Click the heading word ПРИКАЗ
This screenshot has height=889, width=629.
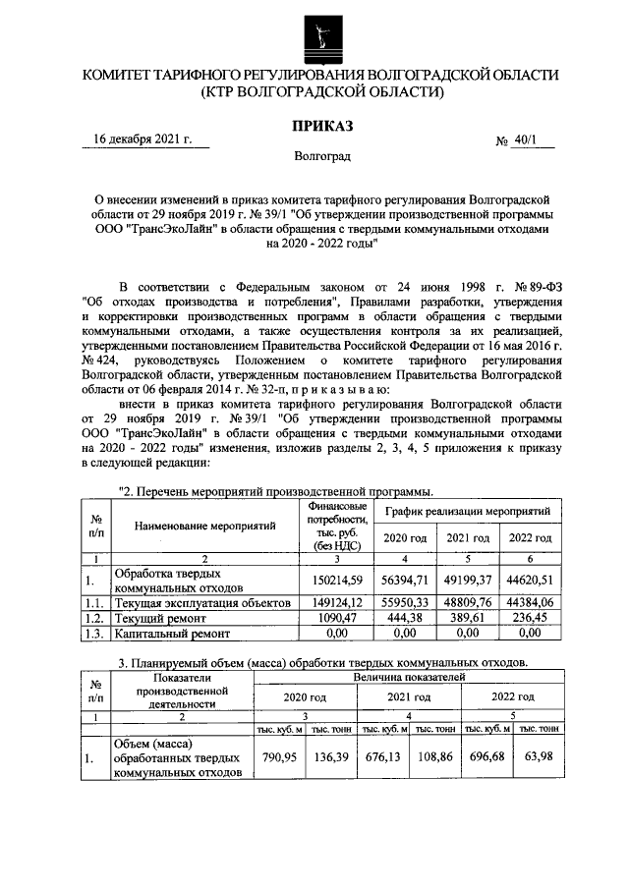(x=320, y=125)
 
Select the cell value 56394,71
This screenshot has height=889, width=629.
(x=404, y=580)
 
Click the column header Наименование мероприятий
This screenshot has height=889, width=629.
(x=204, y=526)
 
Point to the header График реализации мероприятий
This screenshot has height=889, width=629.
(x=467, y=511)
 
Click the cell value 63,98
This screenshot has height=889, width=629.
(x=540, y=758)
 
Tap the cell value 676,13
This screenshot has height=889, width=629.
(x=383, y=758)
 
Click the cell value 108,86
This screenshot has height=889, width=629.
(x=434, y=758)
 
